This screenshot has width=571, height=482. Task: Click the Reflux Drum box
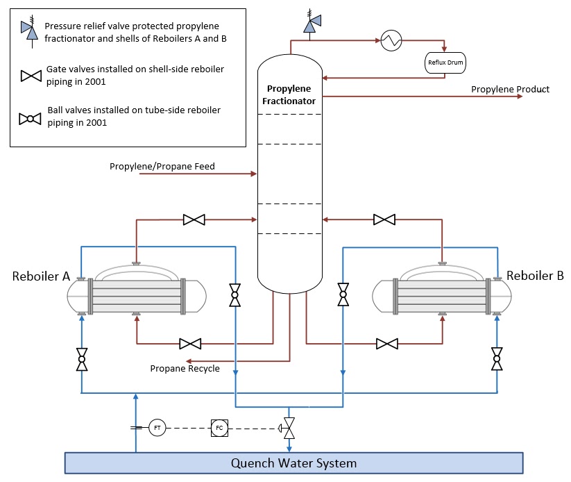click(x=445, y=63)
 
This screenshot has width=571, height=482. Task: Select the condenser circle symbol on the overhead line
click(x=391, y=40)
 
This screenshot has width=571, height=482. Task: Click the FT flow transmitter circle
click(x=157, y=429)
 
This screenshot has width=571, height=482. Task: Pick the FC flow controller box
click(x=219, y=429)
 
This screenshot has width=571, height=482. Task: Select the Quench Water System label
click(x=294, y=463)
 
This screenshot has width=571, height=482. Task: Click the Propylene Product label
click(x=510, y=89)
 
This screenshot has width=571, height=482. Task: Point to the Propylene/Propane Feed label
click(x=162, y=166)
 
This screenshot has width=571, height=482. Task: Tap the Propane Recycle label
click(x=185, y=368)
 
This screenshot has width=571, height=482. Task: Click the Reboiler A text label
click(x=41, y=276)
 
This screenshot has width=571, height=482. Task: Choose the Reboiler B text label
click(x=535, y=276)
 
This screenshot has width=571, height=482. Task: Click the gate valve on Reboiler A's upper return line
click(x=194, y=220)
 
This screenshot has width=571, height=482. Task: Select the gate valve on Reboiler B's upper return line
click(x=384, y=220)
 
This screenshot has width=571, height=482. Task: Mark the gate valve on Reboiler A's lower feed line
click(x=190, y=344)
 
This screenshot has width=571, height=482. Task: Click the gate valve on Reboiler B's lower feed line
click(x=387, y=344)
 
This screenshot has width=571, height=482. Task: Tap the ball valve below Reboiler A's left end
click(x=82, y=359)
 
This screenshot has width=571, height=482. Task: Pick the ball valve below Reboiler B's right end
click(x=497, y=359)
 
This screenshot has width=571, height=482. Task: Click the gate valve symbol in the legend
click(x=31, y=76)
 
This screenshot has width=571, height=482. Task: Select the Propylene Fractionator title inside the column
click(x=289, y=95)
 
